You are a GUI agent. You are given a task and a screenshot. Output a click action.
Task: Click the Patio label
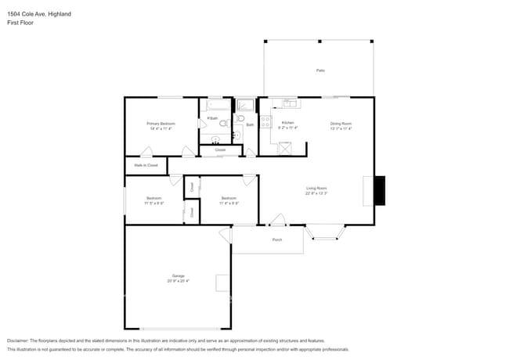(319, 70)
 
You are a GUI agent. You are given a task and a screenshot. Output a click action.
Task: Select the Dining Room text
(341, 124)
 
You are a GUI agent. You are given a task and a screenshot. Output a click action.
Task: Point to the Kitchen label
(288, 124)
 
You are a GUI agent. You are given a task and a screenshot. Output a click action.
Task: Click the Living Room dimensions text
(316, 193)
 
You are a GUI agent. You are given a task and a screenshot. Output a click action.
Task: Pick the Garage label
(179, 276)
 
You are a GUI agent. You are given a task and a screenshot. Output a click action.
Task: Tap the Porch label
(276, 239)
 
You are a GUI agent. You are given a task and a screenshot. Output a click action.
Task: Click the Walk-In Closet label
(146, 165)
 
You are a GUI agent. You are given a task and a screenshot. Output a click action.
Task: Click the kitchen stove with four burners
(265, 122)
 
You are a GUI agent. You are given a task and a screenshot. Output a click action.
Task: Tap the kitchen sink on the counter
(290, 103)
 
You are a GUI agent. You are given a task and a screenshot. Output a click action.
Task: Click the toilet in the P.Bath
(223, 123)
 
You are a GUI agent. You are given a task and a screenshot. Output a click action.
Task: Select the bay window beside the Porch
(324, 232)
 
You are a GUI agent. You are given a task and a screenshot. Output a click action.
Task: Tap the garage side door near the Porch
(226, 234)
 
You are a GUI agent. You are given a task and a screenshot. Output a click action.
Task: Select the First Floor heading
(20, 23)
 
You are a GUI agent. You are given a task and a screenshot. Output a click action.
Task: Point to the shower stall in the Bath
(245, 106)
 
